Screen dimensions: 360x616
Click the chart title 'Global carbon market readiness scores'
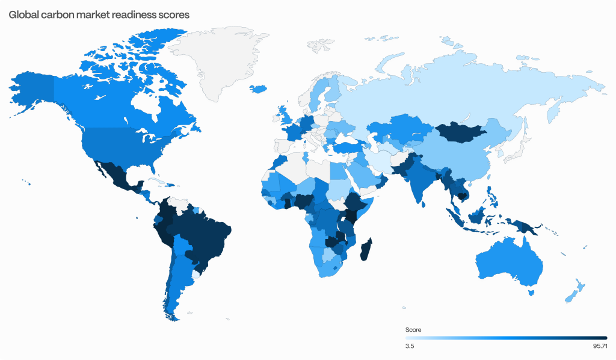click(x=99, y=14)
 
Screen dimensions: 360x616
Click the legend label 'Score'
click(x=413, y=330)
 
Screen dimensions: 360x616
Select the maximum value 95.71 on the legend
click(x=599, y=346)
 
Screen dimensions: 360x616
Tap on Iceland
click(x=258, y=89)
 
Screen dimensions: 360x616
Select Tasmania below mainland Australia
click(x=531, y=293)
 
